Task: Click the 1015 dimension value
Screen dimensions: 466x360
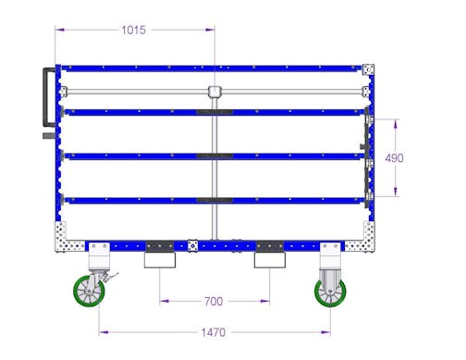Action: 133,31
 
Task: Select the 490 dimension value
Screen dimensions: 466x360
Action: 394,158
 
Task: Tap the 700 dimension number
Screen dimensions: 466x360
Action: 214,302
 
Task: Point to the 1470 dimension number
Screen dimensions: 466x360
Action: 214,332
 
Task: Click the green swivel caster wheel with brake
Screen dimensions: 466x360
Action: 89,292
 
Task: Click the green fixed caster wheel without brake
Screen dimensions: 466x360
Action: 330,292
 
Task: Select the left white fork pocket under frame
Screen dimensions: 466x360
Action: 160,260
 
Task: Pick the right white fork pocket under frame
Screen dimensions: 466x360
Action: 270,260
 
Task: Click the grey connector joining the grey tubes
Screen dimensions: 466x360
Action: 215,92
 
